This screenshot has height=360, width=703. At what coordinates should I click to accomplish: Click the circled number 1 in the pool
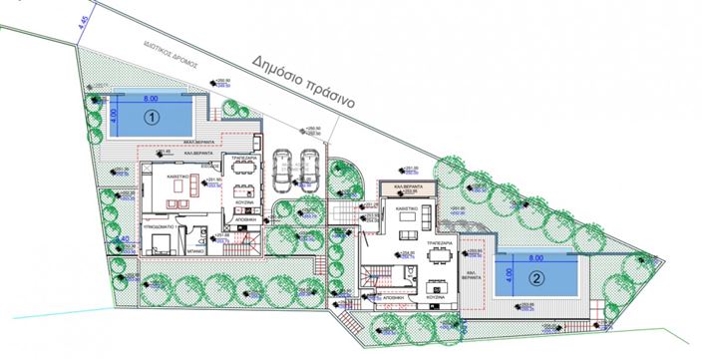[x=152, y=116]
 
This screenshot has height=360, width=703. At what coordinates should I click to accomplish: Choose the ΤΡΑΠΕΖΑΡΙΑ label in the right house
[x=440, y=240]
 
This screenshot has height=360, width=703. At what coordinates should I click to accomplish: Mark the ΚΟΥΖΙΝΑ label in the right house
[x=434, y=297]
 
